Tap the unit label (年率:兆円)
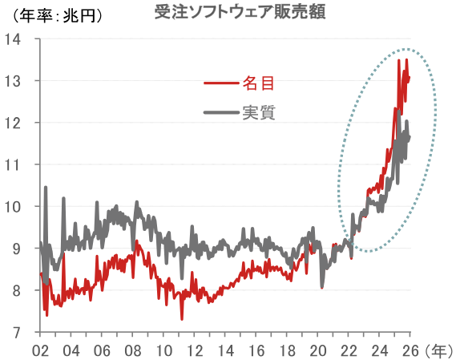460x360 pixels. [x=58, y=14]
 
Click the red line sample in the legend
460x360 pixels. [x=221, y=83]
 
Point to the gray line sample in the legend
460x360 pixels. [x=221, y=112]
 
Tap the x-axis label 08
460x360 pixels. [x=132, y=350]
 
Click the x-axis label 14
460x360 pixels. [x=225, y=350]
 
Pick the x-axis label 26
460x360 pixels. [x=410, y=350]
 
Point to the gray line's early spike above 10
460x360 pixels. [x=46, y=188]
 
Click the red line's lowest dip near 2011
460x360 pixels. [x=181, y=319]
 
